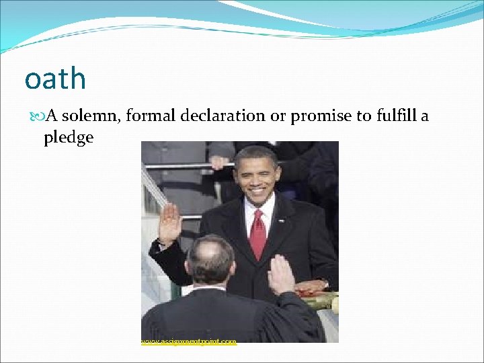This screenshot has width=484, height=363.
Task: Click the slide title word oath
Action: tap(55, 79)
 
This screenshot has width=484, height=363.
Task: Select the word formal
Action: tap(149, 116)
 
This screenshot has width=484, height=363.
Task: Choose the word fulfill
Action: tap(393, 116)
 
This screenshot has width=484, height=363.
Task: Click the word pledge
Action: tap(68, 137)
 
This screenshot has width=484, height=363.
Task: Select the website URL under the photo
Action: tap(189, 341)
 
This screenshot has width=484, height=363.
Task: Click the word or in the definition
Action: tap(278, 116)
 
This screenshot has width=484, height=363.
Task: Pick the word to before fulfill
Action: tap(362, 116)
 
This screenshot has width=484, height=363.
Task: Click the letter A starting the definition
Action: tap(52, 116)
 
